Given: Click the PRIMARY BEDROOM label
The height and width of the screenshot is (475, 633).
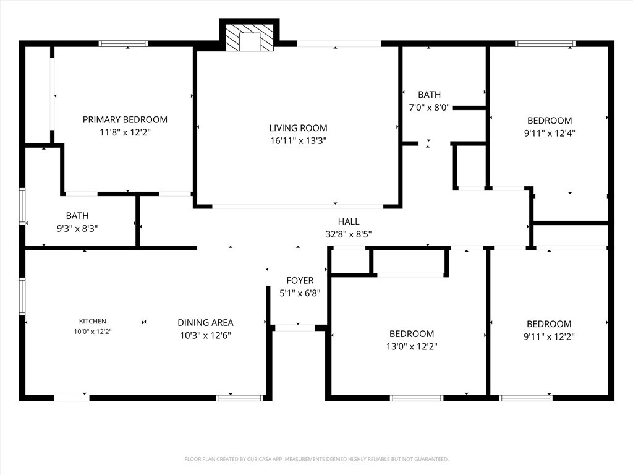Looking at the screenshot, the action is pos(125,119).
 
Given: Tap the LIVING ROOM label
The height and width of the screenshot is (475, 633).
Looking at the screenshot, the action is pos(299,128).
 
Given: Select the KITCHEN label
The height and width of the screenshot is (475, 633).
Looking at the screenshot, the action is pos(93,321).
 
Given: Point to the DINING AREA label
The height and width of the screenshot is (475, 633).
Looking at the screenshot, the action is pos(205,322).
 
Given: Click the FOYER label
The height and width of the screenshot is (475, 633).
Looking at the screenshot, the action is pos(300,280).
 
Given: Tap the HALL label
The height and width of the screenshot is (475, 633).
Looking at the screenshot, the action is pos(349,221).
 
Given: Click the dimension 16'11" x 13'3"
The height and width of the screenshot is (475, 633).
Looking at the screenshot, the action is pos(299,140).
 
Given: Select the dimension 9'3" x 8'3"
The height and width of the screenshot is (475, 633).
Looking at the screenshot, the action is pos(77,228).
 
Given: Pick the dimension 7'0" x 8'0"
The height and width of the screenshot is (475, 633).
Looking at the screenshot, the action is pos(429,108).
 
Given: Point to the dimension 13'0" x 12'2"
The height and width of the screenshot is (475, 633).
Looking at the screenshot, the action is pos(412,346).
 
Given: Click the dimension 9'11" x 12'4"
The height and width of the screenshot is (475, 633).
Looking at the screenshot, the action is pos(550,133).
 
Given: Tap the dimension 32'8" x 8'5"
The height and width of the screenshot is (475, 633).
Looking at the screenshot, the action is pos(349,234).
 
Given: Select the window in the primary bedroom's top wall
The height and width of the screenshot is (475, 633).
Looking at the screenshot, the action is pos(123,44).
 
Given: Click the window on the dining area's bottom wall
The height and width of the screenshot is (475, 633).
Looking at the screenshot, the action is pos(240,398).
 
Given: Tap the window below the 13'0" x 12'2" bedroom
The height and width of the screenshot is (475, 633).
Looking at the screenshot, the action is pos(417,398).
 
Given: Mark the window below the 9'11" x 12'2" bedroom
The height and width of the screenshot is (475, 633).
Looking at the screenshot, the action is pos(525,398).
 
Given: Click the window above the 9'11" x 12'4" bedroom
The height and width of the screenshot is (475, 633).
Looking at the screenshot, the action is pos(545,44).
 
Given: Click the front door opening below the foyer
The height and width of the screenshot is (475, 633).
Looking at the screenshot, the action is pos(295,328).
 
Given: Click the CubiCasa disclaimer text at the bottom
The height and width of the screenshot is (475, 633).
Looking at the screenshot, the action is pos(316,460).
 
